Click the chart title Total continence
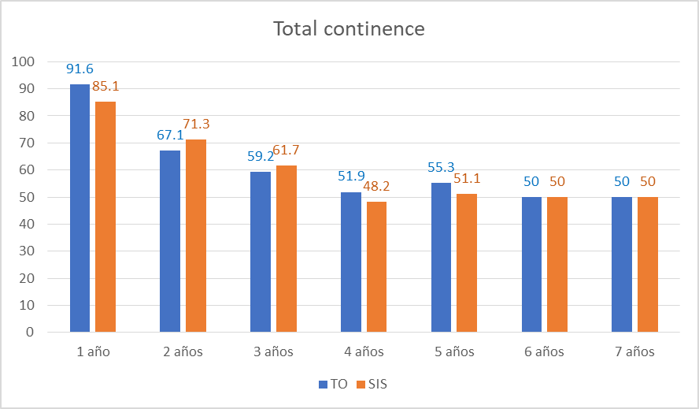(349, 29)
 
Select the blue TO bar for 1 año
(80, 208)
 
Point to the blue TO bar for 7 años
(622, 265)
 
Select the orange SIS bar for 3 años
(287, 248)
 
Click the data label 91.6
(80, 69)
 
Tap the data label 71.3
(196, 124)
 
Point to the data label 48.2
(376, 187)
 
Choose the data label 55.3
(442, 168)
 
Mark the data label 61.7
(286, 150)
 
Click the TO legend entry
(333, 385)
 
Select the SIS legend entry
(372, 385)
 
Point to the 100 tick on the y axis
(23, 61)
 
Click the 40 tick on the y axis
(26, 224)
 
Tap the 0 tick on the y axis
(29, 333)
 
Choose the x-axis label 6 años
(544, 351)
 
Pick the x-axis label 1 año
(93, 351)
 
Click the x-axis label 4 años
(364, 351)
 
